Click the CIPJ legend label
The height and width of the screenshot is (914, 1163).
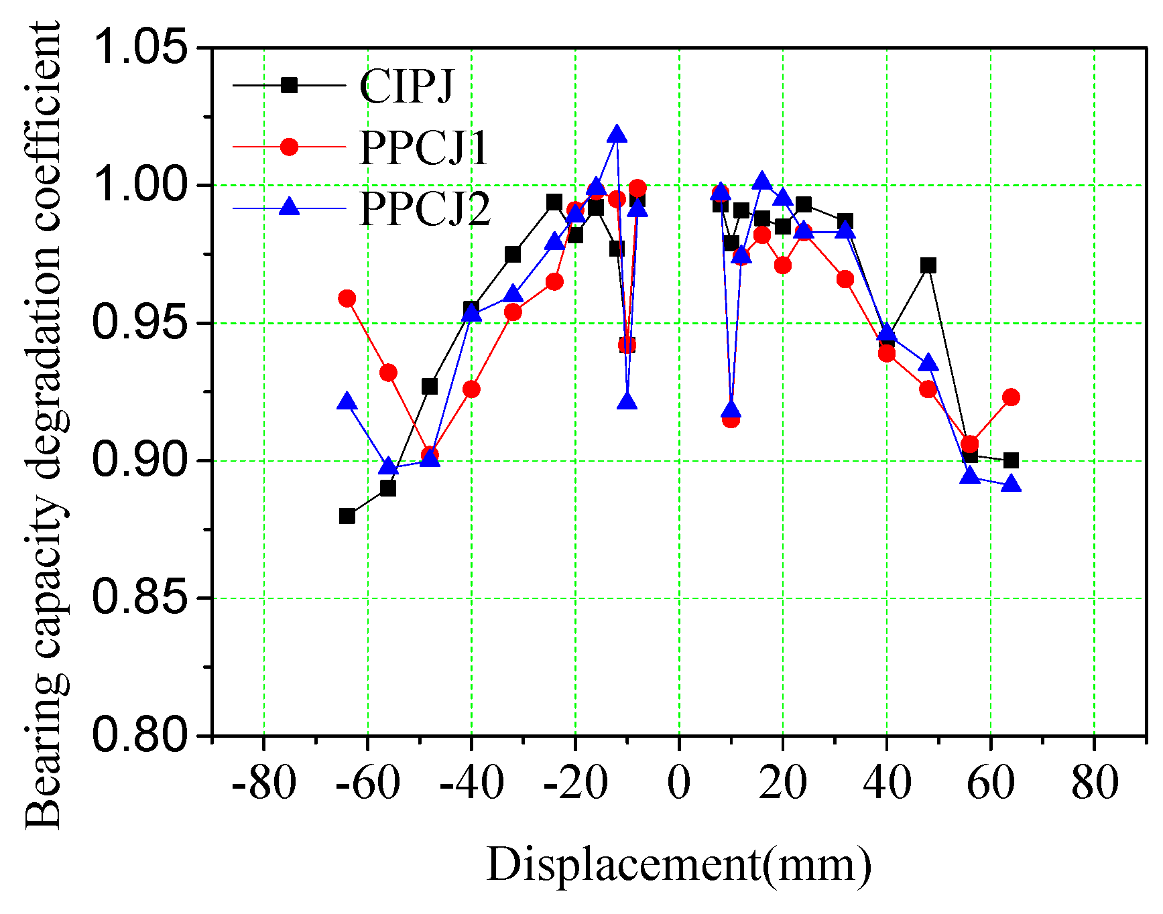[407, 86]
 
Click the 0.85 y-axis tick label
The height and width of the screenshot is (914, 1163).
[139, 598]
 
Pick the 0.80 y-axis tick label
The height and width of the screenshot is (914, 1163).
[139, 735]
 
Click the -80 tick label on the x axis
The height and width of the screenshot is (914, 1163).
[263, 782]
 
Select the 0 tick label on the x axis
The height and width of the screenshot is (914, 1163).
[678, 782]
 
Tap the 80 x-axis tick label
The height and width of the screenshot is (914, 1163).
[1095, 782]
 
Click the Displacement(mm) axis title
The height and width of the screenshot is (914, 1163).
[678, 864]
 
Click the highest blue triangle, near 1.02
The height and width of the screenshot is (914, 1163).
[617, 135]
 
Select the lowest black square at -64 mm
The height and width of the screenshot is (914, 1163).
[347, 515]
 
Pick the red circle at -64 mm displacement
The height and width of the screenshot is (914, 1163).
[347, 298]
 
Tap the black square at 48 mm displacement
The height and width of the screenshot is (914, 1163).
[928, 265]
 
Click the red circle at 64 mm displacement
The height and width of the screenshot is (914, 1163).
[1011, 397]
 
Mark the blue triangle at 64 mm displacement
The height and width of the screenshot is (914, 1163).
[1011, 484]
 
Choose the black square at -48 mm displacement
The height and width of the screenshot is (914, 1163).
[430, 387]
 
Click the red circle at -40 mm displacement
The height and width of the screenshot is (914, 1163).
[471, 389]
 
